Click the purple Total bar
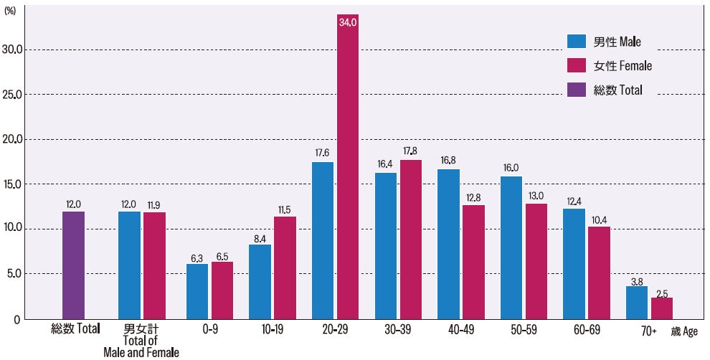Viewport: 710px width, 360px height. (x=73, y=265)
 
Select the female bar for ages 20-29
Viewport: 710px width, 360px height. (x=348, y=166)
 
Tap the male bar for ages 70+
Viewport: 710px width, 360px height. (x=637, y=303)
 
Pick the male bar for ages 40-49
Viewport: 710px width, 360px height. (x=449, y=244)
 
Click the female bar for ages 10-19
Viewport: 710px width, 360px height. (x=285, y=267)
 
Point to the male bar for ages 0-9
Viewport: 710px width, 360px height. (x=197, y=292)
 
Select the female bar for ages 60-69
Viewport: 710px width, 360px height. (x=599, y=273)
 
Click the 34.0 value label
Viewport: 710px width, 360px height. (x=348, y=22)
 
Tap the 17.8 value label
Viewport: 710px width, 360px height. (x=410, y=151)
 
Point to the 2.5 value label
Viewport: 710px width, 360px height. (x=662, y=294)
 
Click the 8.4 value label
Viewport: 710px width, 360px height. (x=260, y=239)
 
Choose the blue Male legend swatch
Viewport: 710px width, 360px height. (x=577, y=41)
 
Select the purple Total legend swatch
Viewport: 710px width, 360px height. (x=577, y=90)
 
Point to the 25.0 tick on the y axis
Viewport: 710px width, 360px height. (x=11, y=95)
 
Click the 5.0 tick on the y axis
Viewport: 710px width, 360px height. (x=14, y=274)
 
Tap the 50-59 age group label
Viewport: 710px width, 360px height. (x=524, y=330)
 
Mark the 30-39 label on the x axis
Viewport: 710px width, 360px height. (x=397, y=330)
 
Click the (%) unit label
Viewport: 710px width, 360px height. (x=10, y=11)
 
